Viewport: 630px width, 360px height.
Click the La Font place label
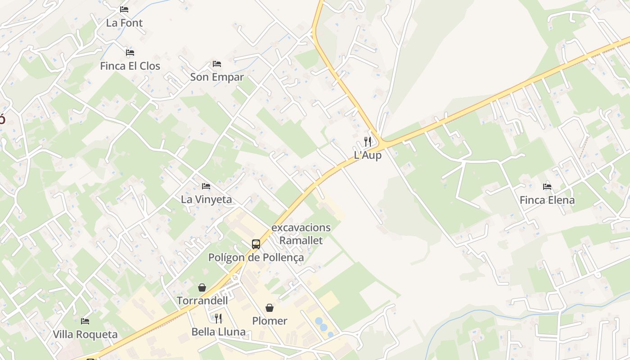pyautogui.click(x=124, y=23)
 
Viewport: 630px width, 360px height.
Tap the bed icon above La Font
pyautogui.click(x=124, y=9)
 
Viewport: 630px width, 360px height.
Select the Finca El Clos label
pyautogui.click(x=130, y=66)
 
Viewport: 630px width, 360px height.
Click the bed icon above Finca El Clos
pyautogui.click(x=130, y=53)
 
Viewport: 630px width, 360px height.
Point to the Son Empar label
pyautogui.click(x=217, y=77)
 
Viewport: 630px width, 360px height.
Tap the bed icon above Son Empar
pyautogui.click(x=217, y=64)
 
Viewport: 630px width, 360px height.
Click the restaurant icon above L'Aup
pyautogui.click(x=368, y=142)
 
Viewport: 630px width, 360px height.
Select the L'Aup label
pyautogui.click(x=368, y=155)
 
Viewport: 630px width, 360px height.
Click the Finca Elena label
pyautogui.click(x=547, y=200)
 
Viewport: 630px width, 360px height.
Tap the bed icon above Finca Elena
pyautogui.click(x=547, y=186)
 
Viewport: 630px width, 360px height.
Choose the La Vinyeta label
pyautogui.click(x=206, y=199)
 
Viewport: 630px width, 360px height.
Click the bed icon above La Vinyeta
pyautogui.click(x=206, y=186)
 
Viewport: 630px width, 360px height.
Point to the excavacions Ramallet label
pyautogui.click(x=301, y=234)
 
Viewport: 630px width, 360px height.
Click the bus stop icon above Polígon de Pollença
pyautogui.click(x=256, y=244)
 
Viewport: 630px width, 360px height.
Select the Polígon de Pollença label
pyautogui.click(x=256, y=258)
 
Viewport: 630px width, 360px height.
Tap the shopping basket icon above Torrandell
pyautogui.click(x=202, y=288)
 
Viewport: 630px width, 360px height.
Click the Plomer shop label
pyautogui.click(x=270, y=321)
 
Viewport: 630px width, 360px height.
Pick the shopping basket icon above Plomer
pyautogui.click(x=270, y=308)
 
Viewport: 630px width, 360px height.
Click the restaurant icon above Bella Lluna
pyautogui.click(x=218, y=319)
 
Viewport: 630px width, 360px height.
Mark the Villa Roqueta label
pyautogui.click(x=85, y=334)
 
